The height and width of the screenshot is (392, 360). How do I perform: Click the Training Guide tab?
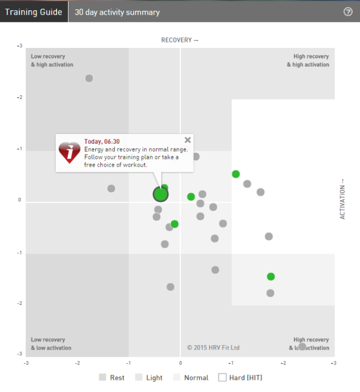33,11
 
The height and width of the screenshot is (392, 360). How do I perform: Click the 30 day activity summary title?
117,12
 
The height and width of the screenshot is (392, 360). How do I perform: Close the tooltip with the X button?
188,140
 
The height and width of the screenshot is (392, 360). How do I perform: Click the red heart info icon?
70,152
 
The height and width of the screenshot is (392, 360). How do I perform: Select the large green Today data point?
160,193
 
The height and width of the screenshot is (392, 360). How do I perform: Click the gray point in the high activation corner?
89,78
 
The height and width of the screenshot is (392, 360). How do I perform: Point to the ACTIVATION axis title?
343,199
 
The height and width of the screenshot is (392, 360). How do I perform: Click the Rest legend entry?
112,377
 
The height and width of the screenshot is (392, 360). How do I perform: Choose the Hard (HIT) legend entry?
240,377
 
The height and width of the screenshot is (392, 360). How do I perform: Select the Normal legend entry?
191,377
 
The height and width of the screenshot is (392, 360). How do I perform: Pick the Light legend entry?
149,377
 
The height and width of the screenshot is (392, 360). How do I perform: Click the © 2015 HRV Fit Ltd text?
213,347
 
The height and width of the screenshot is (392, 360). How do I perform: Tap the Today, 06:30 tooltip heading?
102,142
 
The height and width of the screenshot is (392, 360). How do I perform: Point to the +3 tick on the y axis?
19,46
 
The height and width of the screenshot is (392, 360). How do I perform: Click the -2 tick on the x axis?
77,363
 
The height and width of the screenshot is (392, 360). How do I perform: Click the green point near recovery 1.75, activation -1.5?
271,277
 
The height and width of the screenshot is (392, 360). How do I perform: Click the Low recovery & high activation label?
52,60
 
